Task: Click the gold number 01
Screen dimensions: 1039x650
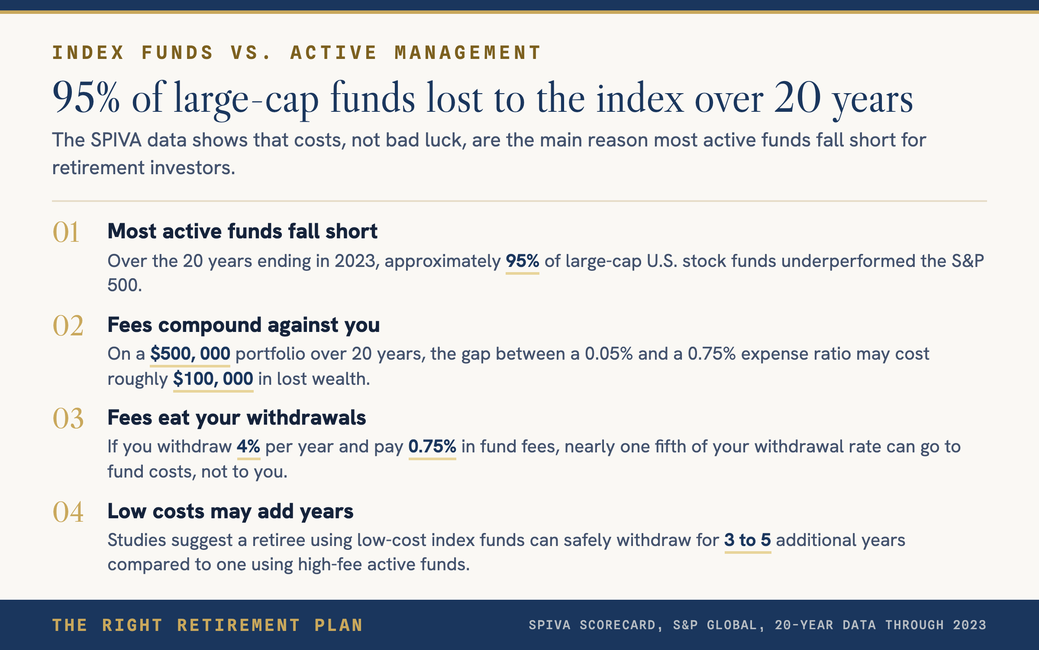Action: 66,232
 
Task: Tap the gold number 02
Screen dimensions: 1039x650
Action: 68,325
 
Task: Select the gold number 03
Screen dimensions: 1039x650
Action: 68,419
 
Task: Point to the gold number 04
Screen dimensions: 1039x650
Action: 68,512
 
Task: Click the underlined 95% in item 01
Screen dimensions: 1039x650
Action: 523,261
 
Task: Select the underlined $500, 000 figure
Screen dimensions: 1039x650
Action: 190,354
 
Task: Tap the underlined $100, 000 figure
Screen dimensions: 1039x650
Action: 213,379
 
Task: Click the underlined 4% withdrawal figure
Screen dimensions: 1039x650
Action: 248,447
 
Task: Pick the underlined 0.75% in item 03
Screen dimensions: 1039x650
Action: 432,447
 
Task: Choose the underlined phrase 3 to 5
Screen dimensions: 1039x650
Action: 748,540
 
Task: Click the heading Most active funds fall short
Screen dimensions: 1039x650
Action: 242,231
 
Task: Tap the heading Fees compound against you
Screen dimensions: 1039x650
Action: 244,325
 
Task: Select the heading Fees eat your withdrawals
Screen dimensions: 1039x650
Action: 237,418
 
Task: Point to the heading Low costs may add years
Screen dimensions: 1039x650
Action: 231,512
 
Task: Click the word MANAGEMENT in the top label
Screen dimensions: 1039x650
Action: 468,53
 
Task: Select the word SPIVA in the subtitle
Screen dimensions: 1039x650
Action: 116,140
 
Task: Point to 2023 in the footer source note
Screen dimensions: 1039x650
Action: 969,625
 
